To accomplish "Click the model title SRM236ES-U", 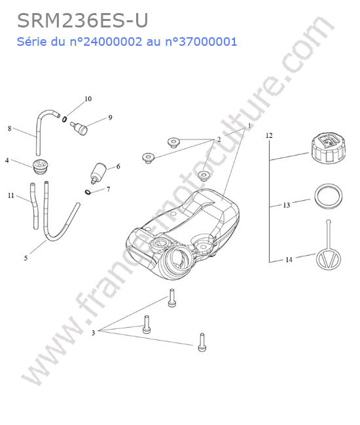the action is [82, 21].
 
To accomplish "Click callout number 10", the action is [88, 99].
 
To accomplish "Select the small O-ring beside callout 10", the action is [64, 119].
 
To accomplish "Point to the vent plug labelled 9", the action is [79, 127].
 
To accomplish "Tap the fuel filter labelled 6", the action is [98, 173].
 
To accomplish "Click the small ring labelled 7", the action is [88, 192].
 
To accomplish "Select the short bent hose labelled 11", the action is [34, 205].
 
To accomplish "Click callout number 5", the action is [26, 258].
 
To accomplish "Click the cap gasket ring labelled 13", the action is [329, 196].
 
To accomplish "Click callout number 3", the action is [94, 333].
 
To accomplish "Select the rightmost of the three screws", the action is [202, 343].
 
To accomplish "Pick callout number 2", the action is [219, 139].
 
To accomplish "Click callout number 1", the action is [249, 126].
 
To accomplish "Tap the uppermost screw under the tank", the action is [171, 298].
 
